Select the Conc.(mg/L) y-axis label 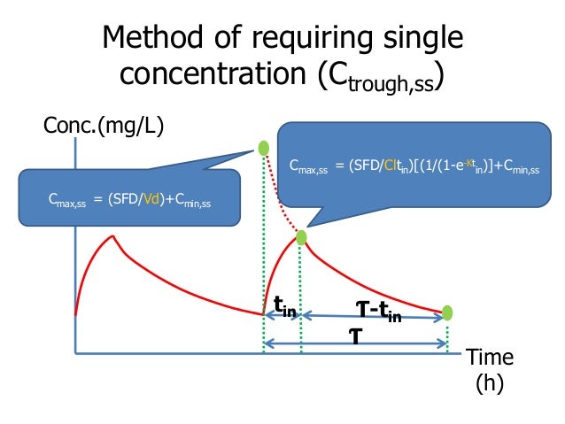coord(104,126)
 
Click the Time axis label coord(490,357)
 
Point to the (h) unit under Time coord(490,384)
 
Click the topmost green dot coord(263,147)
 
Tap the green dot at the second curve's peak coord(301,237)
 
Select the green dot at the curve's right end coord(447,312)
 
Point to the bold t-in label coord(283,306)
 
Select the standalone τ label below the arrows coord(356,336)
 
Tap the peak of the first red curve coord(112,235)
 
